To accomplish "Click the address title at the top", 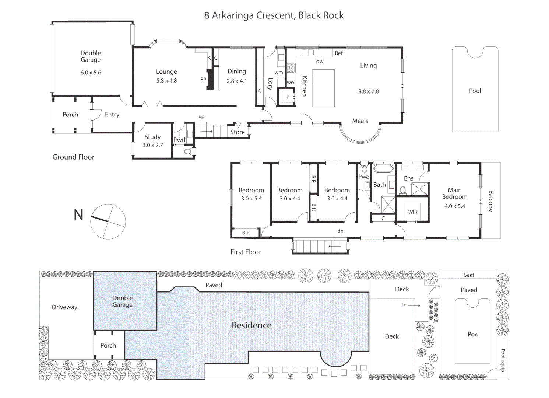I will tap(274, 15).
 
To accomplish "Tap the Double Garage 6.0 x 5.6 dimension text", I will tap(91, 73).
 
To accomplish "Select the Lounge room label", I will tap(166, 72).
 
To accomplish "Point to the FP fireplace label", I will tap(203, 80).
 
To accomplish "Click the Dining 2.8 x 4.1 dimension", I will tap(236, 81).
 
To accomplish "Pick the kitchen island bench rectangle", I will tap(323, 88).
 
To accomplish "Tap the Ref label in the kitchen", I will tap(338, 53).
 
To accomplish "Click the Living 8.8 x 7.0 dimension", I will tap(368, 91).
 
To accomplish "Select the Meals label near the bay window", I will tap(360, 121).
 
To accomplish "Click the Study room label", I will tap(152, 137).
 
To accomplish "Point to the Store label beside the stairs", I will tap(237, 132).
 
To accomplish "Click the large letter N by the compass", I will tap(78, 215).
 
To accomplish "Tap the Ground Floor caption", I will tap(73, 157).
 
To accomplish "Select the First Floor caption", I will tap(246, 252).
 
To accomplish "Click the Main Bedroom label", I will tap(454, 193).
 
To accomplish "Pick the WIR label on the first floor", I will tap(413, 212).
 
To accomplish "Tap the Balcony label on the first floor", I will tap(490, 201).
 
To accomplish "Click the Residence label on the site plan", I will tap(251, 325).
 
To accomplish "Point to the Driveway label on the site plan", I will tap(64, 307).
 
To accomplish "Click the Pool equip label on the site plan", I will tap(503, 360).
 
